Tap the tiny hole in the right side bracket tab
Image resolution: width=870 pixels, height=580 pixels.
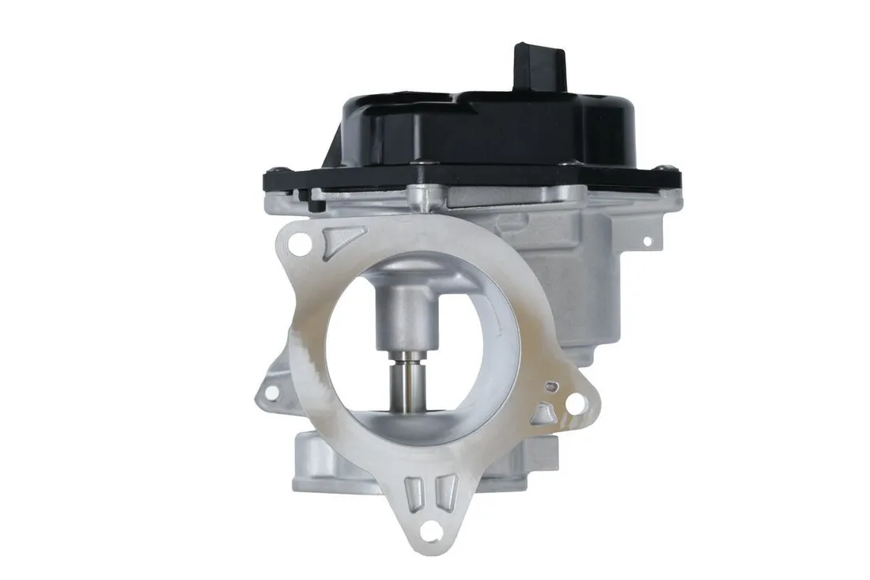647,239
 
